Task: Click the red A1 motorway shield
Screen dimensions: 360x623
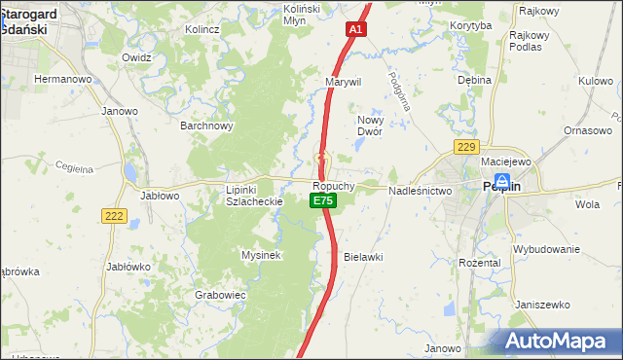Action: pos(355,31)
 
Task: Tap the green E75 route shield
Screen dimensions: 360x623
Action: pos(322,200)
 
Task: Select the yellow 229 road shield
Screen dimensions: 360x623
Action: pos(466,147)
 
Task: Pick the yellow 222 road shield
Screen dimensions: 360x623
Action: pos(114,216)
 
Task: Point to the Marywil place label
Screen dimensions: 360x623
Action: pos(344,82)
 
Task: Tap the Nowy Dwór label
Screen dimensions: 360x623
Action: pos(369,124)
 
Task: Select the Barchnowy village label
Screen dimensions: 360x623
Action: pos(206,126)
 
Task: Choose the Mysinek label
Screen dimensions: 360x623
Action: pos(261,255)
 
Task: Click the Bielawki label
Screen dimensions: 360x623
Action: pos(363,257)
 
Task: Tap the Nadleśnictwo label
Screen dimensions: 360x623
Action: pos(421,192)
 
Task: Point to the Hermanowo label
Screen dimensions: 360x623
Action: pos(62,78)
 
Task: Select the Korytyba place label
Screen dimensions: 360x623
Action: pos(472,26)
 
